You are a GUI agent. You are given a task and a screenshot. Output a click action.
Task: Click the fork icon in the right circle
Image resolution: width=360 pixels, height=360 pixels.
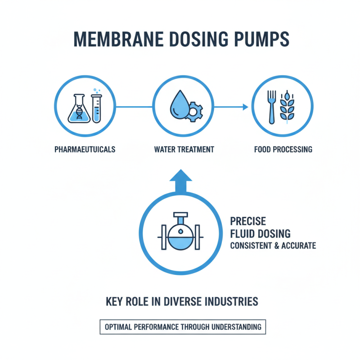pos(271,107)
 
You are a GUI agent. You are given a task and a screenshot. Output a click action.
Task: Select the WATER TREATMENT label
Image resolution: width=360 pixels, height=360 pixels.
pos(184,149)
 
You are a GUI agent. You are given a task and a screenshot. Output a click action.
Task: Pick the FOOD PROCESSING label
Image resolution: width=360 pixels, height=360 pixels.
pos(283,149)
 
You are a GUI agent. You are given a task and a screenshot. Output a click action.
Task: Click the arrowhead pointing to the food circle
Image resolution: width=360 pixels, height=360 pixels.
pos(245,107)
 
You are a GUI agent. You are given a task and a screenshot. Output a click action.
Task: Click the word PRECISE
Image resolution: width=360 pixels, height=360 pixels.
pos(248,221)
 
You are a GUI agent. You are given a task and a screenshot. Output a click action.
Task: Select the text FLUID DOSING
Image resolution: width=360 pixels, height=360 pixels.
pos(260,234)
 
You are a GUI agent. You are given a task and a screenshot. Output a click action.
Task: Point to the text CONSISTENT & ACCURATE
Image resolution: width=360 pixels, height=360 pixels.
pos(273,246)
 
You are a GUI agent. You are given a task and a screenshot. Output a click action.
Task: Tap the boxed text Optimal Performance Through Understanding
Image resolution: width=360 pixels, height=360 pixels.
pos(182,327)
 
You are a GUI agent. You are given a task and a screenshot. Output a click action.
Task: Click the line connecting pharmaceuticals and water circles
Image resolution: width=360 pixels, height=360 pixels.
pos(134,107)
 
